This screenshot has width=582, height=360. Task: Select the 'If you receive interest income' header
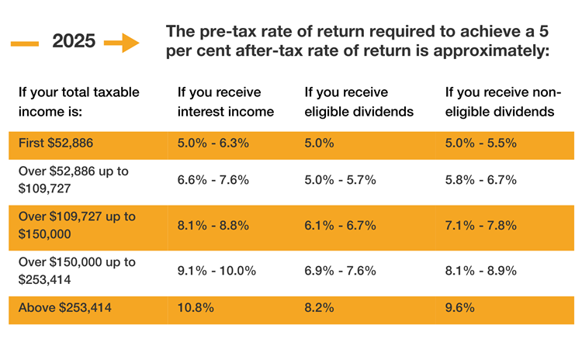226,102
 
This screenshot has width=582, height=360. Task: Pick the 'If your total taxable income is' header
78,102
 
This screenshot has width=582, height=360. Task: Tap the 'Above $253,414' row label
65,308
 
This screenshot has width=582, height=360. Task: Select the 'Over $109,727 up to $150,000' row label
75,225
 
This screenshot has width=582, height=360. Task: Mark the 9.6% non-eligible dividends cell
458,308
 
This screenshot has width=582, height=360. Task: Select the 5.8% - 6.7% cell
479,180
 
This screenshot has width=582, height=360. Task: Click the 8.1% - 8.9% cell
479,271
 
